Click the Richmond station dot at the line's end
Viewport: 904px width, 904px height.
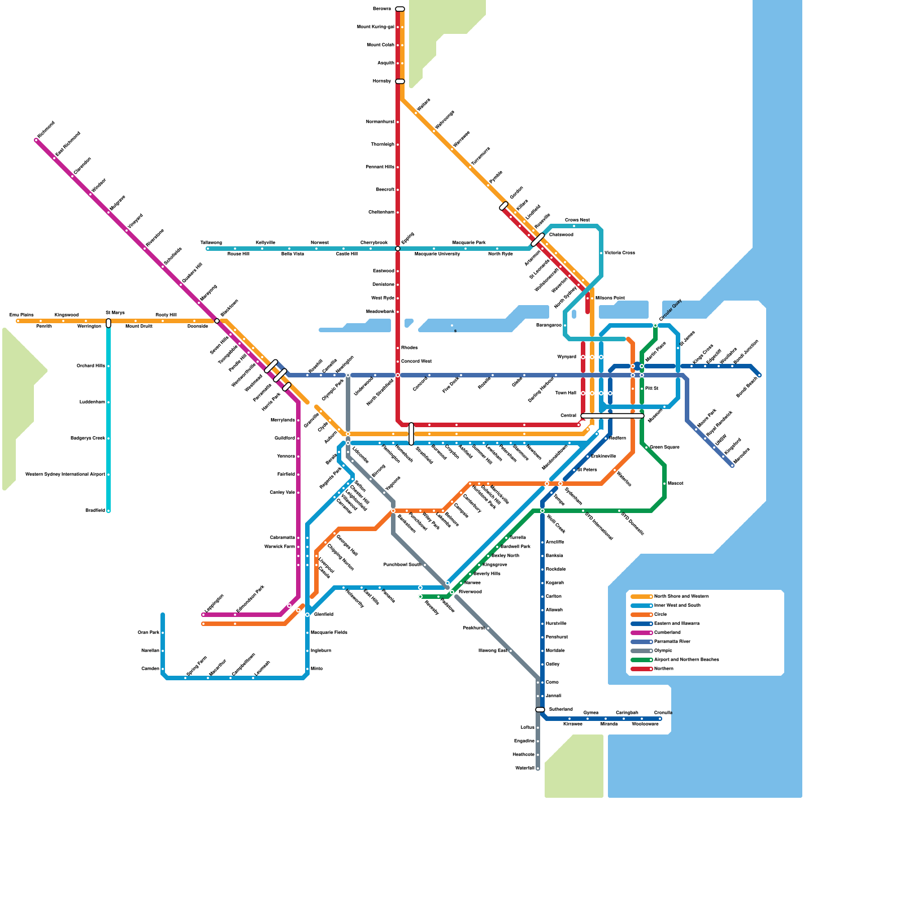click(37, 140)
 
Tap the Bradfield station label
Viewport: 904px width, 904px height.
click(95, 511)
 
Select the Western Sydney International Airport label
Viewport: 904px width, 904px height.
click(65, 475)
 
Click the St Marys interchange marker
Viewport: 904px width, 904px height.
click(108, 323)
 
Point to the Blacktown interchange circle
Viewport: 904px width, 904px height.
click(217, 321)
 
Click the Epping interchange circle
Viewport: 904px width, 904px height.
click(398, 249)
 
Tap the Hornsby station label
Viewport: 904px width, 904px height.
click(382, 81)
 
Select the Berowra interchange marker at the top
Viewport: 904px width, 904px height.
click(400, 9)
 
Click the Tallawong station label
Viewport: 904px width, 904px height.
click(211, 243)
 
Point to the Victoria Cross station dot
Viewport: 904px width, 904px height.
click(601, 253)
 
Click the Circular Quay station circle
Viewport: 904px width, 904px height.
click(655, 325)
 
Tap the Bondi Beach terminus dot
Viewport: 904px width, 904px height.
click(759, 375)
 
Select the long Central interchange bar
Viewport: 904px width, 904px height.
click(612, 416)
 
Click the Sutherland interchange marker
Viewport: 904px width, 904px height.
click(540, 710)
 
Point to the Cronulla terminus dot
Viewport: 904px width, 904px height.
click(660, 719)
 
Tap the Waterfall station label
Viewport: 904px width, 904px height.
click(524, 768)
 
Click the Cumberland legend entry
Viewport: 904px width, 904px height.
click(667, 633)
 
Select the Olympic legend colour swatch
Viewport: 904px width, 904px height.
click(641, 651)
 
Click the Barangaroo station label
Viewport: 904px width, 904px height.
click(548, 325)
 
